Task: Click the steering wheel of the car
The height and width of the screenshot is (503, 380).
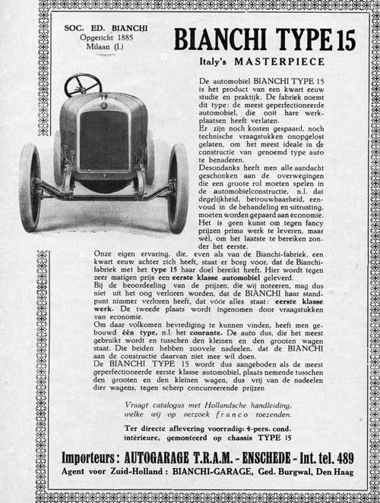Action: tap(83, 84)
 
